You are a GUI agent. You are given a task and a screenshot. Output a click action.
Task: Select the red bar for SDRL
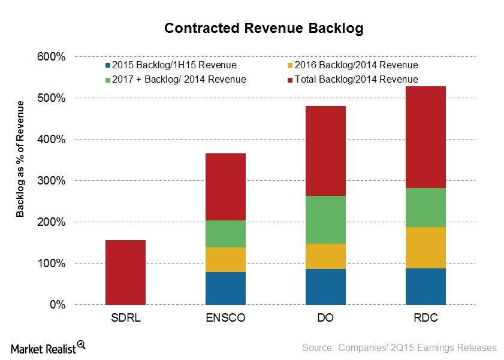[x=125, y=272]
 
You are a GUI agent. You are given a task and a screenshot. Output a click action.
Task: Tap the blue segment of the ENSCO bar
[x=225, y=288]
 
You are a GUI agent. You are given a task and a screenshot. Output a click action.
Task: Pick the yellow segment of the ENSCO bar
[x=225, y=259]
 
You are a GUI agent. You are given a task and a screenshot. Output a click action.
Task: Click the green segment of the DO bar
[x=325, y=219]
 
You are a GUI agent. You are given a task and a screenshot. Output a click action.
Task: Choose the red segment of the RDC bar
[x=425, y=137]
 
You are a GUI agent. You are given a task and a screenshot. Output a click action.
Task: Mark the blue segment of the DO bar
[x=325, y=286]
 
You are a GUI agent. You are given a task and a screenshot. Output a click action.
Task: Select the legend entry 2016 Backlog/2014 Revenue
[x=352, y=65]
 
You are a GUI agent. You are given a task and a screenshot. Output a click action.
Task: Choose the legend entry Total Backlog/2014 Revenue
[x=352, y=79]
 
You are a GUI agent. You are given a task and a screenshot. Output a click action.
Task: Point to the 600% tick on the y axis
[x=52, y=57]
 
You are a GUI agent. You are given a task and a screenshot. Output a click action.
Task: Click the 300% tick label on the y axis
[x=52, y=181]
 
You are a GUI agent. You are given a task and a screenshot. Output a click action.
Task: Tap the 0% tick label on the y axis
[x=57, y=305]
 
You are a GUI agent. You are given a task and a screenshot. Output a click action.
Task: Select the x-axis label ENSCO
[x=225, y=318]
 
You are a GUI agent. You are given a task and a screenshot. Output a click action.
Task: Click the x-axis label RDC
[x=425, y=318]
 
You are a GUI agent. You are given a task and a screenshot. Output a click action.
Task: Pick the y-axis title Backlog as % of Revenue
[x=20, y=159]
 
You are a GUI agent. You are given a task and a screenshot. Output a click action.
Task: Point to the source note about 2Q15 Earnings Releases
[x=399, y=347]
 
